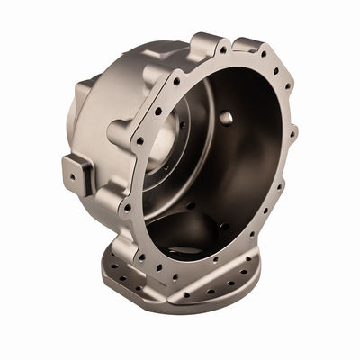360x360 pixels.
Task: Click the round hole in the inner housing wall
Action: point(225,118)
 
